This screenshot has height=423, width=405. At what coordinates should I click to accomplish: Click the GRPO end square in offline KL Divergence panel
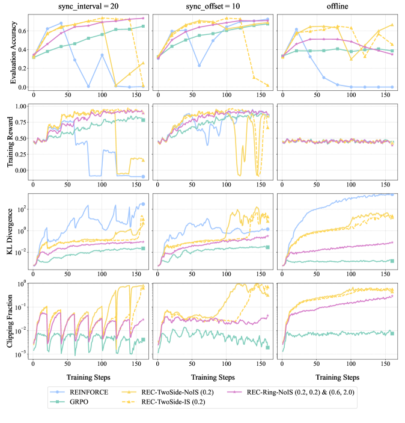(x=392, y=261)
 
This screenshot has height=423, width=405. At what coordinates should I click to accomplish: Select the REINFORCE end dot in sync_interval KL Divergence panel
(x=143, y=204)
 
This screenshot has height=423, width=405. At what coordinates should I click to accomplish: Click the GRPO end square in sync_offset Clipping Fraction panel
(x=267, y=347)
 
